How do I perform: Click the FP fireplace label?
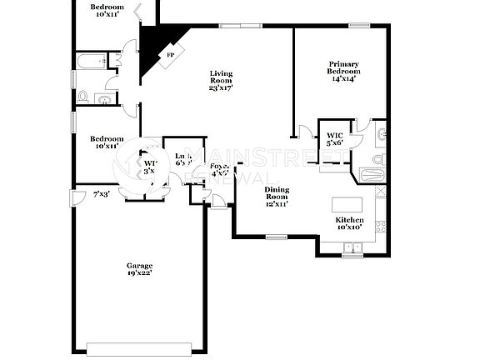click(171, 55)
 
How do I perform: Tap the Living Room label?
click(221, 80)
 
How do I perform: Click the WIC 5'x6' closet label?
click(335, 139)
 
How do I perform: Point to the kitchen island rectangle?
click(348, 205)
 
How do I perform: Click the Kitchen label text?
click(348, 223)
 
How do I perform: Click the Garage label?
click(139, 268)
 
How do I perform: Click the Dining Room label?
click(277, 197)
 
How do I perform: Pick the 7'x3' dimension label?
click(101, 194)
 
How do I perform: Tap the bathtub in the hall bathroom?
click(89, 61)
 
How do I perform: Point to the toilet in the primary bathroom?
click(377, 159)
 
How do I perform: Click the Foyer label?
click(219, 170)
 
